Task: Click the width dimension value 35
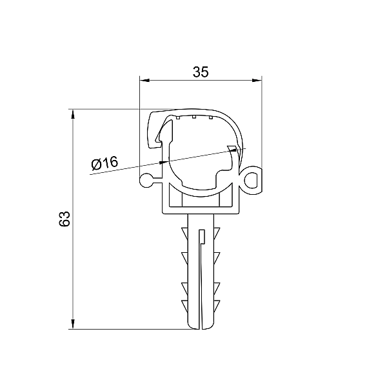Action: (201, 72)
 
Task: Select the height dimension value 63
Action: (64, 219)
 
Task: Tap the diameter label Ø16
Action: (104, 163)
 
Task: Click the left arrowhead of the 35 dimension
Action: (144, 80)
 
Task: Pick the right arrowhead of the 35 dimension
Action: (257, 80)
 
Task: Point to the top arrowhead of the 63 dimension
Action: (72, 114)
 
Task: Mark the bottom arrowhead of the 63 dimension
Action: (72, 324)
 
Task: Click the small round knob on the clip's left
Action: (146, 181)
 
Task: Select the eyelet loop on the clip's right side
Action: (252, 180)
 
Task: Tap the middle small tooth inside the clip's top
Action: (194, 117)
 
